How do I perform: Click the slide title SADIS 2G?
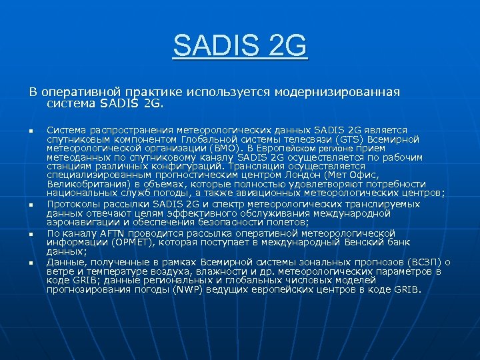(240, 47)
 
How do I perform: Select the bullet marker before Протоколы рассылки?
(31, 205)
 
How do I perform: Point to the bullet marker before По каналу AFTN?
(31, 235)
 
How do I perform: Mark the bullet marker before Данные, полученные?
(31, 263)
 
